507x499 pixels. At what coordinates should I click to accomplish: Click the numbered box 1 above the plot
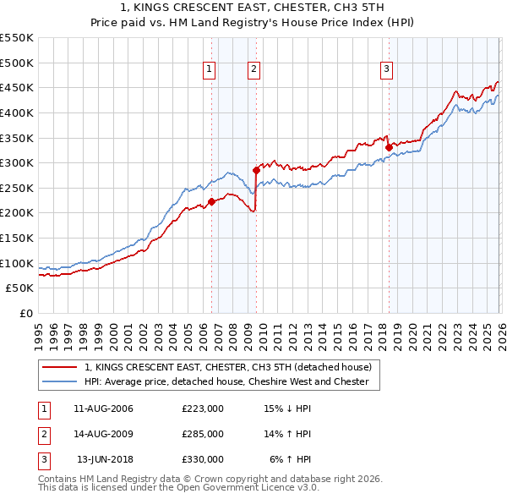coord(209,70)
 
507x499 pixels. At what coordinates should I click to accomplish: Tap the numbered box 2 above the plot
coord(253,70)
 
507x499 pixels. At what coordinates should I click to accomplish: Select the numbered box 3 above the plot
coord(386,70)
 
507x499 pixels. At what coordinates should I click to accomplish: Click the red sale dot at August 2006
coord(212,201)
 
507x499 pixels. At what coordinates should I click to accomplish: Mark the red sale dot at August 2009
coord(256,170)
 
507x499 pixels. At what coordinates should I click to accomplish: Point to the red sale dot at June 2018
coord(389,147)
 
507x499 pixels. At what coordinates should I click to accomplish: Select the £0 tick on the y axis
coord(25,313)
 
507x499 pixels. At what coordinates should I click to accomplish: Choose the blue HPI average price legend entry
coord(226,381)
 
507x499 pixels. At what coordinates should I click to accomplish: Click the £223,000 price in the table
coord(203,409)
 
